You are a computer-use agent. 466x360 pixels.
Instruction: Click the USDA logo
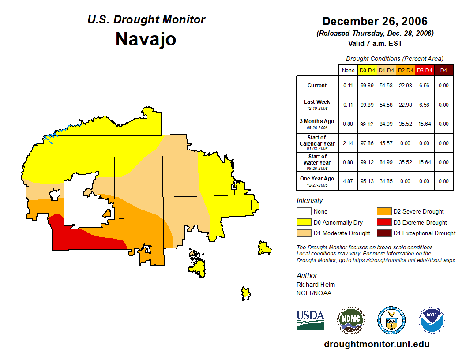pyautogui.click(x=310, y=320)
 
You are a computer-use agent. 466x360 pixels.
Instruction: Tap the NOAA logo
pyautogui.click(x=432, y=320)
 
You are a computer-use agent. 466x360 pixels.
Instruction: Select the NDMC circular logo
pyautogui.click(x=351, y=320)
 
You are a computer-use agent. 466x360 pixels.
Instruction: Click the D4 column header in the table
pyautogui.click(x=443, y=70)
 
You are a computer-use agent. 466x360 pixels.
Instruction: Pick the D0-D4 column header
pyautogui.click(x=367, y=70)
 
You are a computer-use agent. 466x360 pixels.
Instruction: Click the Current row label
pyautogui.click(x=317, y=86)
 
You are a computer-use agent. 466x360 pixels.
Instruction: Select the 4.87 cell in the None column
pyautogui.click(x=348, y=181)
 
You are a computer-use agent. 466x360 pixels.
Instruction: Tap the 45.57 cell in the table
pyautogui.click(x=386, y=143)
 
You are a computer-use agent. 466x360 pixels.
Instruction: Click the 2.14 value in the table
pyautogui.click(x=348, y=143)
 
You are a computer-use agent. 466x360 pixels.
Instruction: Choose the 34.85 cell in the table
pyautogui.click(x=386, y=181)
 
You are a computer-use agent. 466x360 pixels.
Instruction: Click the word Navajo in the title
pyautogui.click(x=146, y=39)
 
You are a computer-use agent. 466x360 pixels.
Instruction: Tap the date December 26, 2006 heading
pyautogui.click(x=375, y=21)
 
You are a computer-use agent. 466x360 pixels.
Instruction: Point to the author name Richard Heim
pyautogui.click(x=316, y=285)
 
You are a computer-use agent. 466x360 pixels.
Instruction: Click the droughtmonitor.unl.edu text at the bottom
pyautogui.click(x=376, y=344)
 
